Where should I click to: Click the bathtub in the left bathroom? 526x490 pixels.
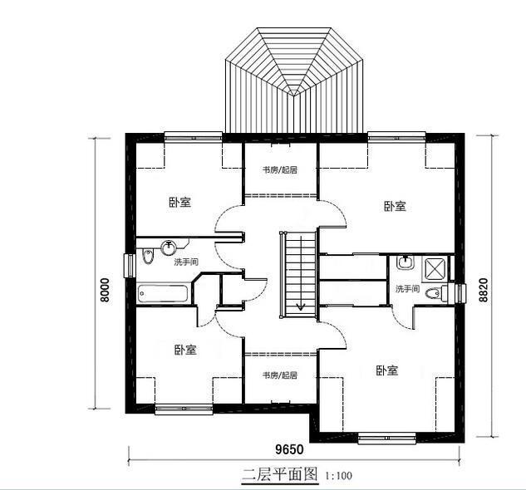pyautogui.click(x=165, y=293)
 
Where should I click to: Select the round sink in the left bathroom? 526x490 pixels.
pyautogui.click(x=170, y=246)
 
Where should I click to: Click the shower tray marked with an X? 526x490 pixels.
pyautogui.click(x=435, y=267)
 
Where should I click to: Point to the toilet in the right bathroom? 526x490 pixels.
pyautogui.click(x=432, y=293)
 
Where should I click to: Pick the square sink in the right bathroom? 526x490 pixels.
pyautogui.click(x=406, y=264)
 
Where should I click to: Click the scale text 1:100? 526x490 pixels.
pyautogui.click(x=339, y=477)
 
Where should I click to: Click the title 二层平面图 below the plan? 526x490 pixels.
pyautogui.click(x=280, y=475)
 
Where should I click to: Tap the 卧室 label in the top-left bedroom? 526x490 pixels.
pyautogui.click(x=179, y=202)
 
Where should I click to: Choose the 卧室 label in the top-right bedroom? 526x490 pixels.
pyautogui.click(x=395, y=206)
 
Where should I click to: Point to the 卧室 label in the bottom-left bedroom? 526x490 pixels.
pyautogui.click(x=185, y=350)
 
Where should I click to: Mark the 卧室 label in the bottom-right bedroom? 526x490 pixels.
pyautogui.click(x=387, y=370)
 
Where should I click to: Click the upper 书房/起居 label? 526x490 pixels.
pyautogui.click(x=280, y=169)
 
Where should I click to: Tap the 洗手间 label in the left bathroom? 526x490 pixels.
pyautogui.click(x=186, y=262)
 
